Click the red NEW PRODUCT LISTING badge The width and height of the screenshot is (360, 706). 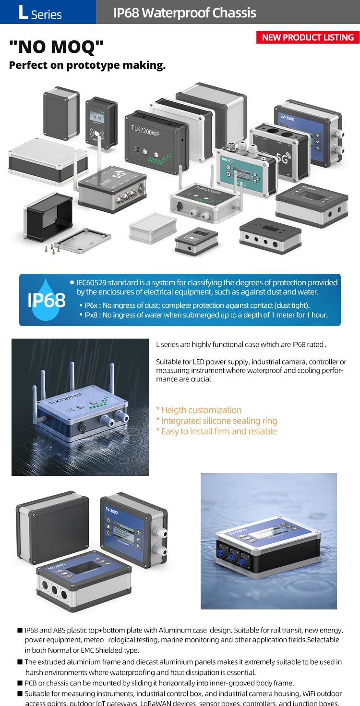[308, 37]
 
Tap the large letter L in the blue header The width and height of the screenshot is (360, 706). [23, 12]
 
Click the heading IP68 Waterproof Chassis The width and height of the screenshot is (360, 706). [184, 12]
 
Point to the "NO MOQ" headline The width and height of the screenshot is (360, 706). [56, 47]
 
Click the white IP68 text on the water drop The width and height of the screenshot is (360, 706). [46, 300]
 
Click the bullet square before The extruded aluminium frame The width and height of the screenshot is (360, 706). [20, 662]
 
